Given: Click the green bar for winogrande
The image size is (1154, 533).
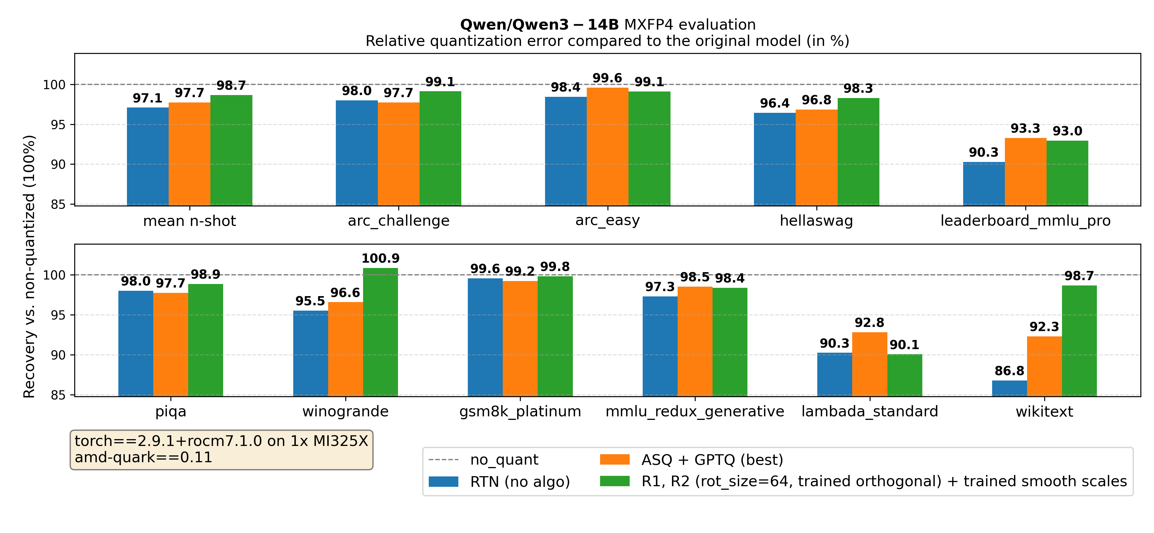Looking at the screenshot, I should pyautogui.click(x=380, y=332).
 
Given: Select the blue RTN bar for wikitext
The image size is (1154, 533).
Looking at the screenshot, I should pyautogui.click(x=1009, y=388).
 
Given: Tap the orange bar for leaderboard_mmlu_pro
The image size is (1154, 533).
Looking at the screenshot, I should pyautogui.click(x=1025, y=172).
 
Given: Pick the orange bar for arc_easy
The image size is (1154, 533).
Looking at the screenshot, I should pyautogui.click(x=607, y=147).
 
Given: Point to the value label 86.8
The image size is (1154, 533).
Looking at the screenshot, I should pyautogui.click(x=1009, y=371).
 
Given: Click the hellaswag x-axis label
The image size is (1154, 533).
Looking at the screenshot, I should pyautogui.click(x=816, y=221).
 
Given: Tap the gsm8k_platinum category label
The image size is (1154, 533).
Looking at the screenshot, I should pyautogui.click(x=520, y=411).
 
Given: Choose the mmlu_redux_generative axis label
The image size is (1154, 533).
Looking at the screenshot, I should pyautogui.click(x=695, y=411).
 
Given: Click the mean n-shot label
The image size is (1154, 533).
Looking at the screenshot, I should pyautogui.click(x=189, y=221).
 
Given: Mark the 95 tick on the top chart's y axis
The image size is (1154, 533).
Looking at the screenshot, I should pyautogui.click(x=57, y=125).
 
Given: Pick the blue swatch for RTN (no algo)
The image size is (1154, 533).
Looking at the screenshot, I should pyautogui.click(x=443, y=481).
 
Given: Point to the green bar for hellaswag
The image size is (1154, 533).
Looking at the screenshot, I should pyautogui.click(x=858, y=152).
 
